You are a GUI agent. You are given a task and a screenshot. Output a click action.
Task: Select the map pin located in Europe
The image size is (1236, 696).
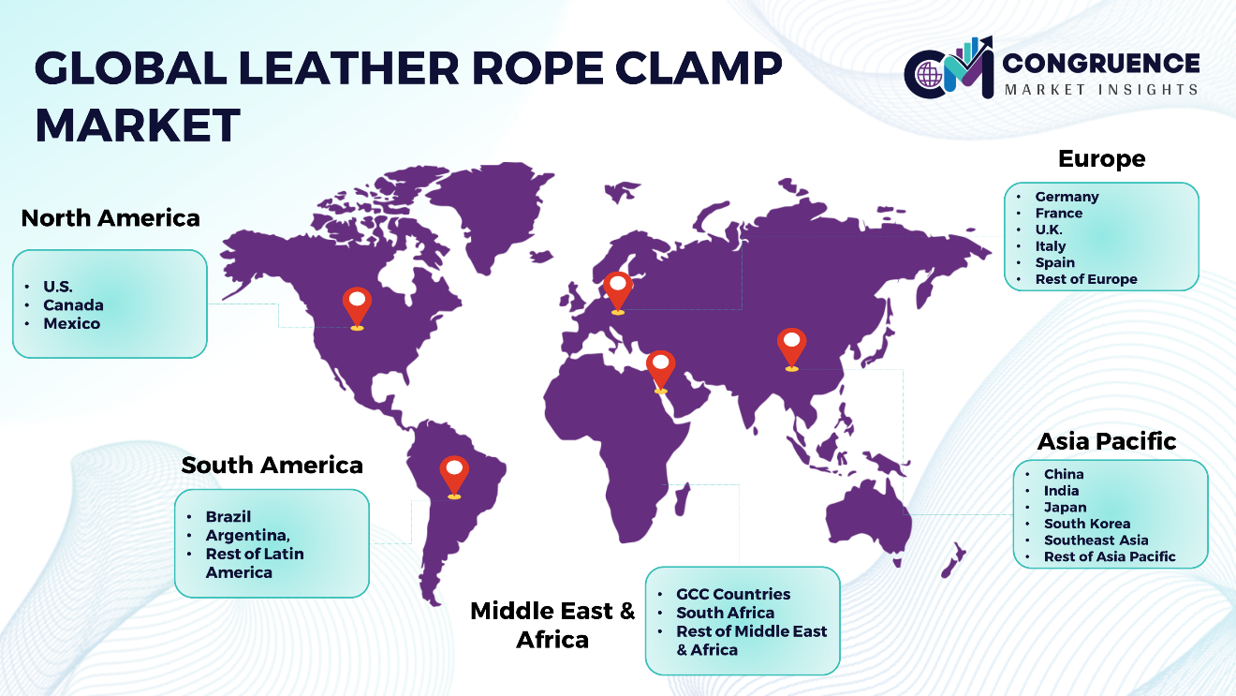point(617,292)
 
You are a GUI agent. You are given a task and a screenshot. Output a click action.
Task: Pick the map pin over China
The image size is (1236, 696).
point(792,348)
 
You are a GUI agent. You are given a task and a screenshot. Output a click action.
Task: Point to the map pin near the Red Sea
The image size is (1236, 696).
point(660,371)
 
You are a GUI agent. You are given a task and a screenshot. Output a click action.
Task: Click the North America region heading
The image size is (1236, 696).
point(110,218)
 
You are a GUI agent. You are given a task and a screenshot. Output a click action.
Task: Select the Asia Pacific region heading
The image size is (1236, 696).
point(1107,441)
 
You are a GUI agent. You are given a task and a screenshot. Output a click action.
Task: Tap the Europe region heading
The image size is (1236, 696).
point(1101,159)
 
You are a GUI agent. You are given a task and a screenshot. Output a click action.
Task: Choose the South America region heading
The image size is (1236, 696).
point(272,466)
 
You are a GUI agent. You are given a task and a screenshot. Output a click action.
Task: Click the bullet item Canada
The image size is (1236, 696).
point(73,305)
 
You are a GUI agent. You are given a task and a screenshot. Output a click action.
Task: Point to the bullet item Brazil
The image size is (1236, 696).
point(228,517)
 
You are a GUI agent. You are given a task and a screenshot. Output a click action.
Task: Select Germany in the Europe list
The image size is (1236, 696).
point(1067,197)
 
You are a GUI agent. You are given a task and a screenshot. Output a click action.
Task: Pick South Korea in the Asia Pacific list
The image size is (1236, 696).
point(1087,524)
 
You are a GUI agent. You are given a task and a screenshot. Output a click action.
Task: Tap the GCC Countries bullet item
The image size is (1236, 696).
point(733,595)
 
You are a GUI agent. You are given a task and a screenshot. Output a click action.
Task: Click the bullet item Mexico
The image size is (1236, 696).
point(72,323)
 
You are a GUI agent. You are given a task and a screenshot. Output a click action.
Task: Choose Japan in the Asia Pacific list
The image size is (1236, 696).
point(1065,507)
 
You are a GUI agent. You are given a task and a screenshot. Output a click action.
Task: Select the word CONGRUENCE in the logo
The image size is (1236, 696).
point(1100,63)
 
